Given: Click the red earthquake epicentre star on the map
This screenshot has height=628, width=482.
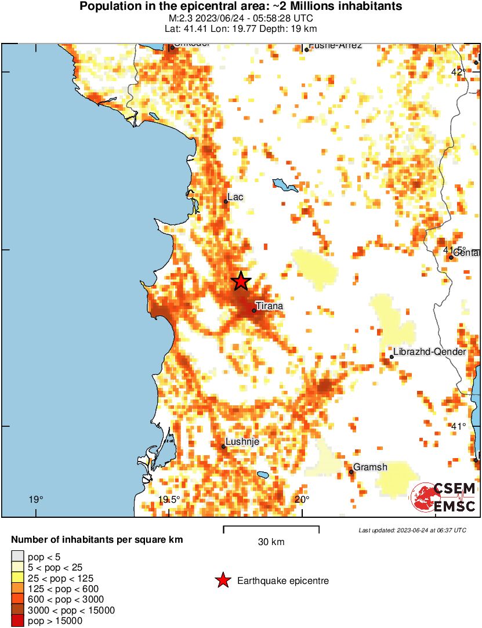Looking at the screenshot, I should click(x=241, y=281).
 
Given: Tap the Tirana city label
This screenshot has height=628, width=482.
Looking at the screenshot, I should click(x=270, y=306).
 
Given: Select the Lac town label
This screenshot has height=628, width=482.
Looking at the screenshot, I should click(x=235, y=197).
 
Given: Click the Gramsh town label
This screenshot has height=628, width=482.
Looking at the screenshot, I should click(x=370, y=467).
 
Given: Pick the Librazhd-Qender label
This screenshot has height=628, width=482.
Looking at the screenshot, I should click(x=429, y=352).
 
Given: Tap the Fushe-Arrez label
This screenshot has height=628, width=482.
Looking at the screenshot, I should click(x=336, y=46).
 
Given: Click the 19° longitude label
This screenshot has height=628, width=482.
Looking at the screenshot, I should click(x=36, y=499).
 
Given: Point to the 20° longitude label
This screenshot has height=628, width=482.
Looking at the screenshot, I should click(x=302, y=499).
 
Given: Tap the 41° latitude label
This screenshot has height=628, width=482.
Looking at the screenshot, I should click(x=458, y=426).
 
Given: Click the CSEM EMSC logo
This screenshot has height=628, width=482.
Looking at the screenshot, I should click(x=444, y=498).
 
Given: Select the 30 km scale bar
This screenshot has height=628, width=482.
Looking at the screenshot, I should click(x=271, y=529).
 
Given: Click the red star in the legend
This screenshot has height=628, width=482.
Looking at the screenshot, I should click(x=222, y=580).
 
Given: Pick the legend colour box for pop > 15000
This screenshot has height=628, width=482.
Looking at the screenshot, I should click(x=18, y=621).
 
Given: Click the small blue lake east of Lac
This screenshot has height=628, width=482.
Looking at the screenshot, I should click(x=285, y=186).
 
